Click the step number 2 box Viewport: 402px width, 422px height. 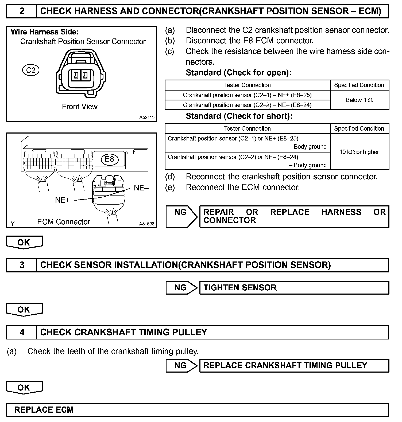click(x=22, y=11)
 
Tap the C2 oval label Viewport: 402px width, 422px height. click(x=31, y=70)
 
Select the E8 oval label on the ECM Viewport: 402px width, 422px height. click(x=109, y=159)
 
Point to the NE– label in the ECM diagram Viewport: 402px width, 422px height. click(x=141, y=188)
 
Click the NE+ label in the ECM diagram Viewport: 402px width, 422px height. click(x=62, y=200)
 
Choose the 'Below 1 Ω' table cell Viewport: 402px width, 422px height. click(x=359, y=100)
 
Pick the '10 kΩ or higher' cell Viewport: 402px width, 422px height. click(x=359, y=152)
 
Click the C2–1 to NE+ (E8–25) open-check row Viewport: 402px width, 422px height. click(x=247, y=95)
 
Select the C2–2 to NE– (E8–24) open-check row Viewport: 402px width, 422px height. click(x=247, y=105)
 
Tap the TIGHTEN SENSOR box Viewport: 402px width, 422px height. click(x=294, y=288)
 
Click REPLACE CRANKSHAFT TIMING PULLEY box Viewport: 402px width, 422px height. click(x=294, y=365)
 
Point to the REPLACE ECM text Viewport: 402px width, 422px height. click(x=44, y=410)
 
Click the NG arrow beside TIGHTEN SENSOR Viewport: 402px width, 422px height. click(x=181, y=288)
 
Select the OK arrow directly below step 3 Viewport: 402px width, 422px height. click(x=24, y=310)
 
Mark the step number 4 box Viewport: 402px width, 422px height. click(x=22, y=332)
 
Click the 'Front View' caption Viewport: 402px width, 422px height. click(x=80, y=107)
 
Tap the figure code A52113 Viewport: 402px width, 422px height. click(x=147, y=117)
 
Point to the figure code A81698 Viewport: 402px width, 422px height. click(x=146, y=224)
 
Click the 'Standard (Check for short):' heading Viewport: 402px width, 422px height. click(x=239, y=116)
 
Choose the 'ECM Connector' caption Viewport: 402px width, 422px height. click(x=64, y=222)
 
